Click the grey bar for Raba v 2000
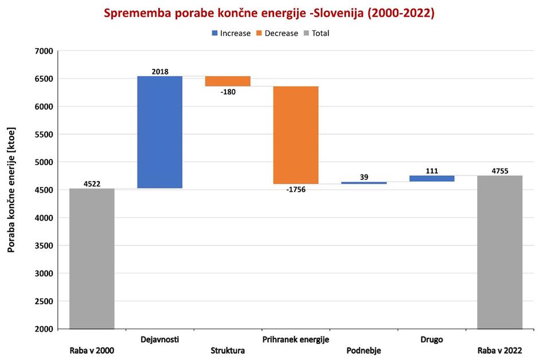[92, 259]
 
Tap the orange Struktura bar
[228, 81]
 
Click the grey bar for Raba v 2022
[499, 252]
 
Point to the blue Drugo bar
[432, 178]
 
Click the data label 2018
[160, 72]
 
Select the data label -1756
[295, 190]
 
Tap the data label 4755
[499, 171]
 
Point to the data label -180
[228, 92]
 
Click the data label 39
[364, 177]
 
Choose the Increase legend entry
[231, 33]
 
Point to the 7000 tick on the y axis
[44, 51]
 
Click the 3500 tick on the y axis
[44, 246]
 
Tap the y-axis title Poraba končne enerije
[11, 190]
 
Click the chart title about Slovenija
[269, 13]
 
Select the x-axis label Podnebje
[364, 351]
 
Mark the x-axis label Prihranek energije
[295, 339]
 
